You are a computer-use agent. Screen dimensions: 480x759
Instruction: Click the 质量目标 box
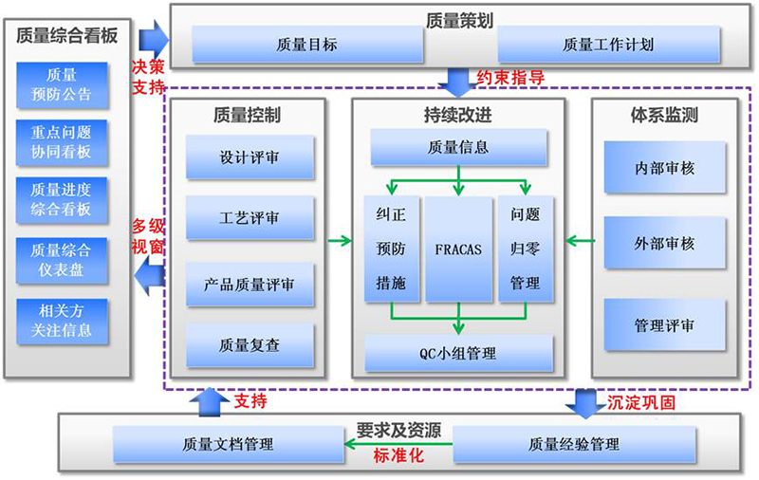point(306,44)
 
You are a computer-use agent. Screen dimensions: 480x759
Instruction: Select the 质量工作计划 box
point(608,44)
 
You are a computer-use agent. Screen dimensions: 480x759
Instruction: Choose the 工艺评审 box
point(249,218)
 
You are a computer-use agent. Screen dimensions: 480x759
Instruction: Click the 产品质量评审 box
point(249,284)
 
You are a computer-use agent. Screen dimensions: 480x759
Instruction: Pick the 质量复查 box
point(249,345)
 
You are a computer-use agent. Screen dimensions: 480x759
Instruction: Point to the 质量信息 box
point(459,148)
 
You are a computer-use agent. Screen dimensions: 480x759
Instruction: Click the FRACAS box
point(458,249)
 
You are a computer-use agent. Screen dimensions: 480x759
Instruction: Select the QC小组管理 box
point(458,354)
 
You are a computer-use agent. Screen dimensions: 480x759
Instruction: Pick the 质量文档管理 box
point(228,444)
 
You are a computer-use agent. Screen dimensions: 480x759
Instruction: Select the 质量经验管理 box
point(574,444)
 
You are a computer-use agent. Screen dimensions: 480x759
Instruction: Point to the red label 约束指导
point(510,79)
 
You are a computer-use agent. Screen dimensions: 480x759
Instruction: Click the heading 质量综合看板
point(67,35)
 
